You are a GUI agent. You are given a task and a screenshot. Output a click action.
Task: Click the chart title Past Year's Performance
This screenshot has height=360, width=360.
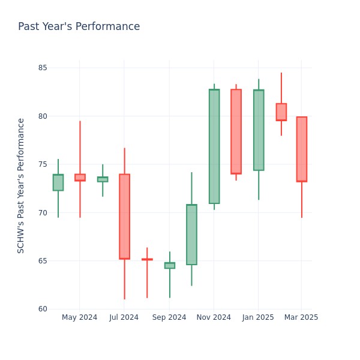tap(79, 27)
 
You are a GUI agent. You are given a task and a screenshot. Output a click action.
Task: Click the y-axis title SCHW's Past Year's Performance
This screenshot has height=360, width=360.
tap(21, 185)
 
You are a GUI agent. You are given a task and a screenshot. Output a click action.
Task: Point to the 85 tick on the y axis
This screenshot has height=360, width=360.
tap(42, 68)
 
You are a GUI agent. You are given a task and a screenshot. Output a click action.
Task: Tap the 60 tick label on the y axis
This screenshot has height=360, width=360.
tap(42, 310)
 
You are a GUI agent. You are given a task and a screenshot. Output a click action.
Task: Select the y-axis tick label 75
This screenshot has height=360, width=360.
tap(42, 164)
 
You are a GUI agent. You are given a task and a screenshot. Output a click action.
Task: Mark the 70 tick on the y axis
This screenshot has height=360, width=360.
tap(42, 213)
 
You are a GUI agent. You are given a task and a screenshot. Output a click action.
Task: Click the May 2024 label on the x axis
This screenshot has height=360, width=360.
tap(79, 317)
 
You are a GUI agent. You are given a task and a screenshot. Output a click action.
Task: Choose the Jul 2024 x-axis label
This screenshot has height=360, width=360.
tap(124, 317)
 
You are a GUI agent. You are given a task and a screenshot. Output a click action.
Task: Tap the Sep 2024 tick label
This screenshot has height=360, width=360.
tap(169, 317)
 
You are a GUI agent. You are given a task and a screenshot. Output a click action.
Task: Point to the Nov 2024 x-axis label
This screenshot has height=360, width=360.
tap(214, 317)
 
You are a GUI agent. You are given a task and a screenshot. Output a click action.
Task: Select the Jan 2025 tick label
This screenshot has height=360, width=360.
tap(259, 317)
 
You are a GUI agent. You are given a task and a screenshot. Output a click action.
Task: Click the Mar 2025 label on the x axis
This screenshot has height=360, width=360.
tap(302, 317)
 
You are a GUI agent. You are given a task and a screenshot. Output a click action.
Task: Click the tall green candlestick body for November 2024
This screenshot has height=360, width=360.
tap(214, 146)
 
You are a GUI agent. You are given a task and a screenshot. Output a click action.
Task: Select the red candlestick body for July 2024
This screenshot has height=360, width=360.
tap(124, 217)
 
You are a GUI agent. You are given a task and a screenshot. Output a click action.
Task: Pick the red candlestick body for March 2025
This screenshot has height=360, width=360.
tap(302, 149)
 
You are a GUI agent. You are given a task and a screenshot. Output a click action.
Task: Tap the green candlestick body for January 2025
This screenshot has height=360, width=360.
tap(259, 130)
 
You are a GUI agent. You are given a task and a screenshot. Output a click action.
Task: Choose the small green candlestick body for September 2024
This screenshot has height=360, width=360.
tap(170, 265)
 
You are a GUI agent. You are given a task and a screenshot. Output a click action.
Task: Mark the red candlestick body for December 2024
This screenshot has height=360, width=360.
tap(236, 131)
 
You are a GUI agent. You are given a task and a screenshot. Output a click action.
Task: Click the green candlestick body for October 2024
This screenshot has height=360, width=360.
tap(191, 235)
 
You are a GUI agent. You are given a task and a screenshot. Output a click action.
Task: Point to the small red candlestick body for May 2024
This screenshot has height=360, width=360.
tap(80, 178)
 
